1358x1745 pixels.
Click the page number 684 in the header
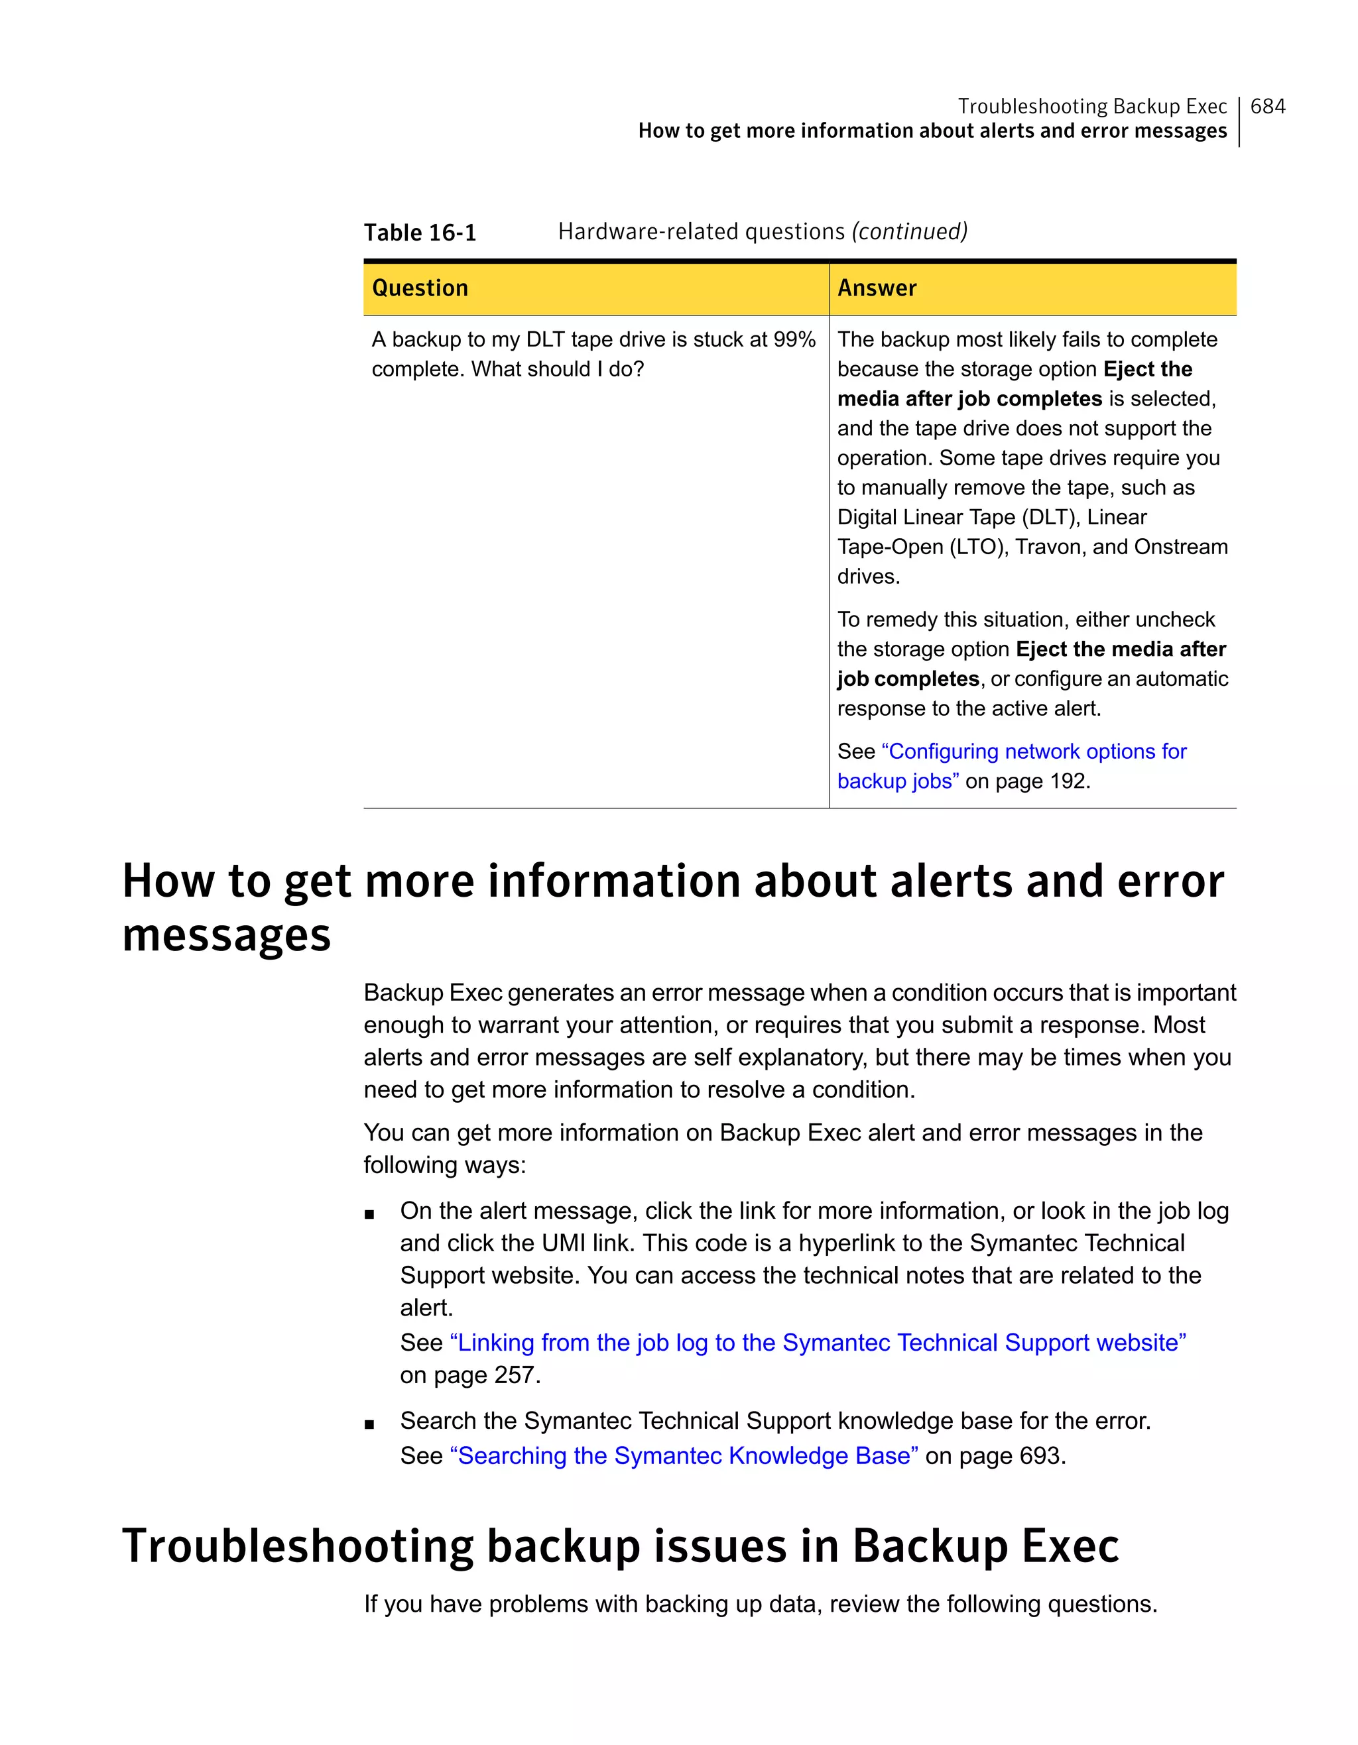pyautogui.click(x=1268, y=106)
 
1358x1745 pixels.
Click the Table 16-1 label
pyautogui.click(x=420, y=233)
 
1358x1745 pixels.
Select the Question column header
pyautogui.click(x=420, y=288)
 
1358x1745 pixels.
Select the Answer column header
pyautogui.click(x=877, y=288)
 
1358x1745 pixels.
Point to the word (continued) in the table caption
pyautogui.click(x=910, y=232)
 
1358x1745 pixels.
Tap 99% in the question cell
pyautogui.click(x=794, y=339)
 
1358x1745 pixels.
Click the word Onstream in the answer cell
pyautogui.click(x=1180, y=547)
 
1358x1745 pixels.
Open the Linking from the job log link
pyautogui.click(x=818, y=1343)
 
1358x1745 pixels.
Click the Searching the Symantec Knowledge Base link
pyautogui.click(x=684, y=1456)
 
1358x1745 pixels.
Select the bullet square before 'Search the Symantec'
pyautogui.click(x=369, y=1424)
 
